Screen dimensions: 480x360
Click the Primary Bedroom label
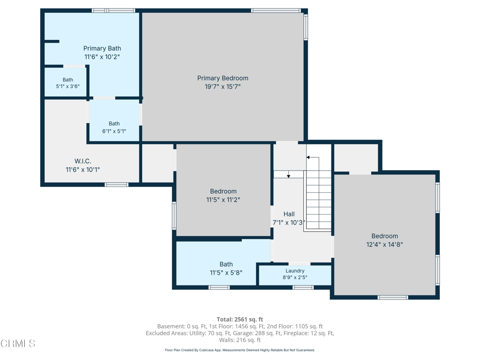pyautogui.click(x=223, y=78)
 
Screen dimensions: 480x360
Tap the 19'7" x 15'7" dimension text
pyautogui.click(x=223, y=87)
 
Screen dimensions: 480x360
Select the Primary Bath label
pyautogui.click(x=102, y=48)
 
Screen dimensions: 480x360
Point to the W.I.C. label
pyautogui.click(x=82, y=161)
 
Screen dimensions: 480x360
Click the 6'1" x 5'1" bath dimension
pyautogui.click(x=114, y=131)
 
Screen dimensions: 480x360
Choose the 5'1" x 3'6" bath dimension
pyautogui.click(x=67, y=86)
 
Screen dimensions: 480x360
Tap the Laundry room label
pyautogui.click(x=295, y=271)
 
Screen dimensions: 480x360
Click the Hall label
pyautogui.click(x=289, y=214)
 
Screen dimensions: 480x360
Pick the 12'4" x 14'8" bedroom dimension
pyautogui.click(x=384, y=245)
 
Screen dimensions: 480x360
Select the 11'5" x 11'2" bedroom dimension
pyautogui.click(x=223, y=200)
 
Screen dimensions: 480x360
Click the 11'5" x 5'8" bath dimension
pyautogui.click(x=226, y=273)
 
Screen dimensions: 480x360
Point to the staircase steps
pyautogui.click(x=319, y=200)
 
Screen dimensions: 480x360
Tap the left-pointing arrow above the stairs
pyautogui.click(x=313, y=157)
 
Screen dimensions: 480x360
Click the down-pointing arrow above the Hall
pyautogui.click(x=288, y=174)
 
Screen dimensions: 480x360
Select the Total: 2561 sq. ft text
pyautogui.click(x=240, y=319)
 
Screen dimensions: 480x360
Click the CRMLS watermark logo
pyautogui.click(x=18, y=344)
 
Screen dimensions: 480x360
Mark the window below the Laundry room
pyautogui.click(x=303, y=287)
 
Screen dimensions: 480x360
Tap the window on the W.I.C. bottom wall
pyautogui.click(x=117, y=185)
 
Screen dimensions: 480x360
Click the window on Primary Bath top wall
pyautogui.click(x=113, y=11)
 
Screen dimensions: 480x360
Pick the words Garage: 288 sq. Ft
pyautogui.click(x=256, y=333)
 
